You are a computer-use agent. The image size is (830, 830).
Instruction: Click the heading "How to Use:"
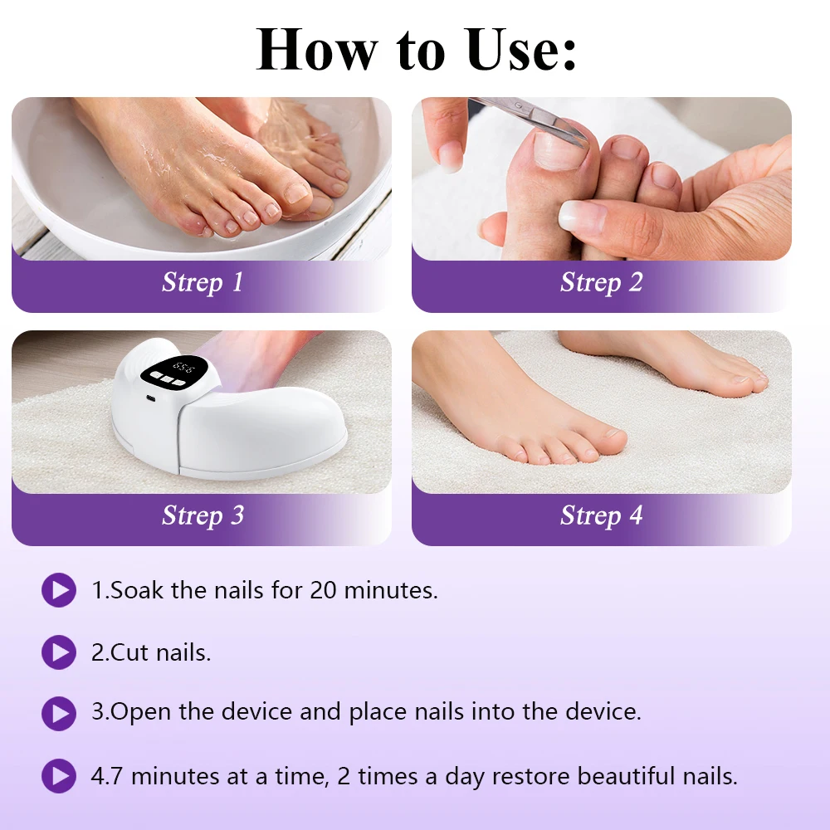416,49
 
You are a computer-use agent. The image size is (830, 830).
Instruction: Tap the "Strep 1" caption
203,282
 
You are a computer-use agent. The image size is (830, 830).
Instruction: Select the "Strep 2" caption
602,282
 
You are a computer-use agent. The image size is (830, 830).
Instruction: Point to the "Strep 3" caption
203,515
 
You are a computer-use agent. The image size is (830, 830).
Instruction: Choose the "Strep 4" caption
602,515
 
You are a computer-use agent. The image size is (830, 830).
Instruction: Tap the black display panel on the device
175,371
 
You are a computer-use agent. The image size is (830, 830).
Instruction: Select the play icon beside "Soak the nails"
59,590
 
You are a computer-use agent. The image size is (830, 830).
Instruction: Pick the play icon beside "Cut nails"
59,652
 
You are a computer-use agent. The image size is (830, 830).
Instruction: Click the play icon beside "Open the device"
59,714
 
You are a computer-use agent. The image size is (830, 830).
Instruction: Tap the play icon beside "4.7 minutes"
59,776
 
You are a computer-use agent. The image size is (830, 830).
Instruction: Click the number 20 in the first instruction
323,590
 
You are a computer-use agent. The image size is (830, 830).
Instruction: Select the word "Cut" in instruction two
129,652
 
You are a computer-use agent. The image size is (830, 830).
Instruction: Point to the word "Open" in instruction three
141,712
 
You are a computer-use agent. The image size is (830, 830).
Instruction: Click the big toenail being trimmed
558,149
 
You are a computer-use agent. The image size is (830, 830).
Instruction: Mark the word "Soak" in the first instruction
137,590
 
